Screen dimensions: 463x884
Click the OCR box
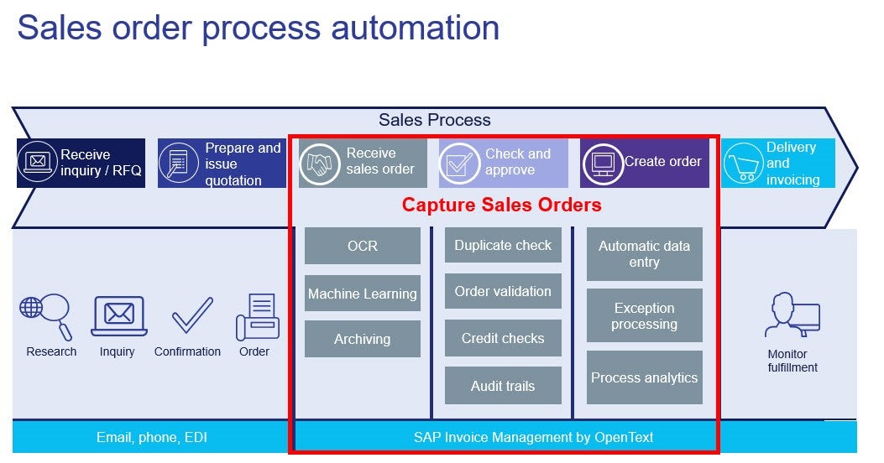click(x=362, y=246)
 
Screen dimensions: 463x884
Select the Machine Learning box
click(x=362, y=294)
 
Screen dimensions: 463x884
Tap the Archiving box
click(x=362, y=339)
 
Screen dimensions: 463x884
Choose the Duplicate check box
click(x=503, y=245)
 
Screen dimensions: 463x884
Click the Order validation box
click(x=503, y=291)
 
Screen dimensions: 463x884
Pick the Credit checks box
click(x=503, y=338)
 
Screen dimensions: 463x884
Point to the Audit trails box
click(x=503, y=386)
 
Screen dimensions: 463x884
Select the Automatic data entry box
click(x=644, y=254)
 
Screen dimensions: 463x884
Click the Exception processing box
click(x=644, y=316)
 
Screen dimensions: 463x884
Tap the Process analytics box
click(x=644, y=377)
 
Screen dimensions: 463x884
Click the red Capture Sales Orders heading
click(x=501, y=205)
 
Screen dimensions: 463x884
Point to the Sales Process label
click(x=434, y=120)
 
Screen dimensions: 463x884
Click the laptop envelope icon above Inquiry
click(x=118, y=316)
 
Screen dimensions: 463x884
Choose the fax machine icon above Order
click(x=257, y=317)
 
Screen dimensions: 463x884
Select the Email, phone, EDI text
click(x=152, y=437)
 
